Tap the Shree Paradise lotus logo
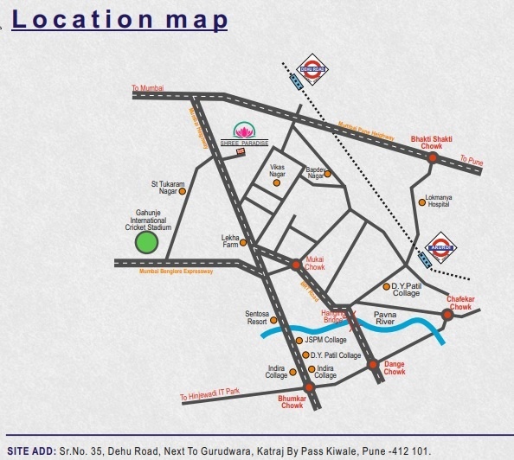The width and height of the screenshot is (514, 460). click(244, 131)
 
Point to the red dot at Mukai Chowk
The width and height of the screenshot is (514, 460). click(296, 265)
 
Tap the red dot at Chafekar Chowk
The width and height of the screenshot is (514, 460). click(447, 315)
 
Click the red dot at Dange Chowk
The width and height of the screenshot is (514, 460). click(373, 365)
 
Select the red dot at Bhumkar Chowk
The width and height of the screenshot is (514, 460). click(309, 387)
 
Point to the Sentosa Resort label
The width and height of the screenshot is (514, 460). click(258, 317)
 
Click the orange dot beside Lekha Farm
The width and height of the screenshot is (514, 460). click(243, 242)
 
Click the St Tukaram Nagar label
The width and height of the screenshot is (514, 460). click(170, 188)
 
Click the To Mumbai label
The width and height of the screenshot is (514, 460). click(147, 88)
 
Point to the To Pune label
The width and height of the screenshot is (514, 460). click(472, 160)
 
